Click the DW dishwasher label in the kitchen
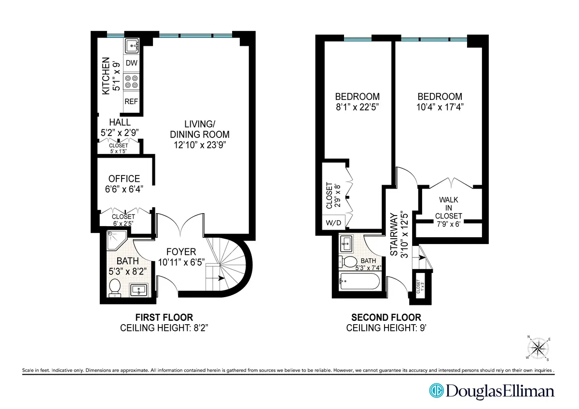[x=131, y=63]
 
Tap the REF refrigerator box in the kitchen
[x=131, y=102]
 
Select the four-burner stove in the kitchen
[x=131, y=82]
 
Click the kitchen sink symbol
[x=132, y=47]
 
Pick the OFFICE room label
[x=124, y=178]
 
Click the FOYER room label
[x=181, y=252]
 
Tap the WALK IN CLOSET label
[x=448, y=208]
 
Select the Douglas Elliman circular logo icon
[x=437, y=391]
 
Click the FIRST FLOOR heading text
[x=164, y=317]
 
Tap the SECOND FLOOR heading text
[x=386, y=317]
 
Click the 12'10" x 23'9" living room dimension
[x=199, y=144]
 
